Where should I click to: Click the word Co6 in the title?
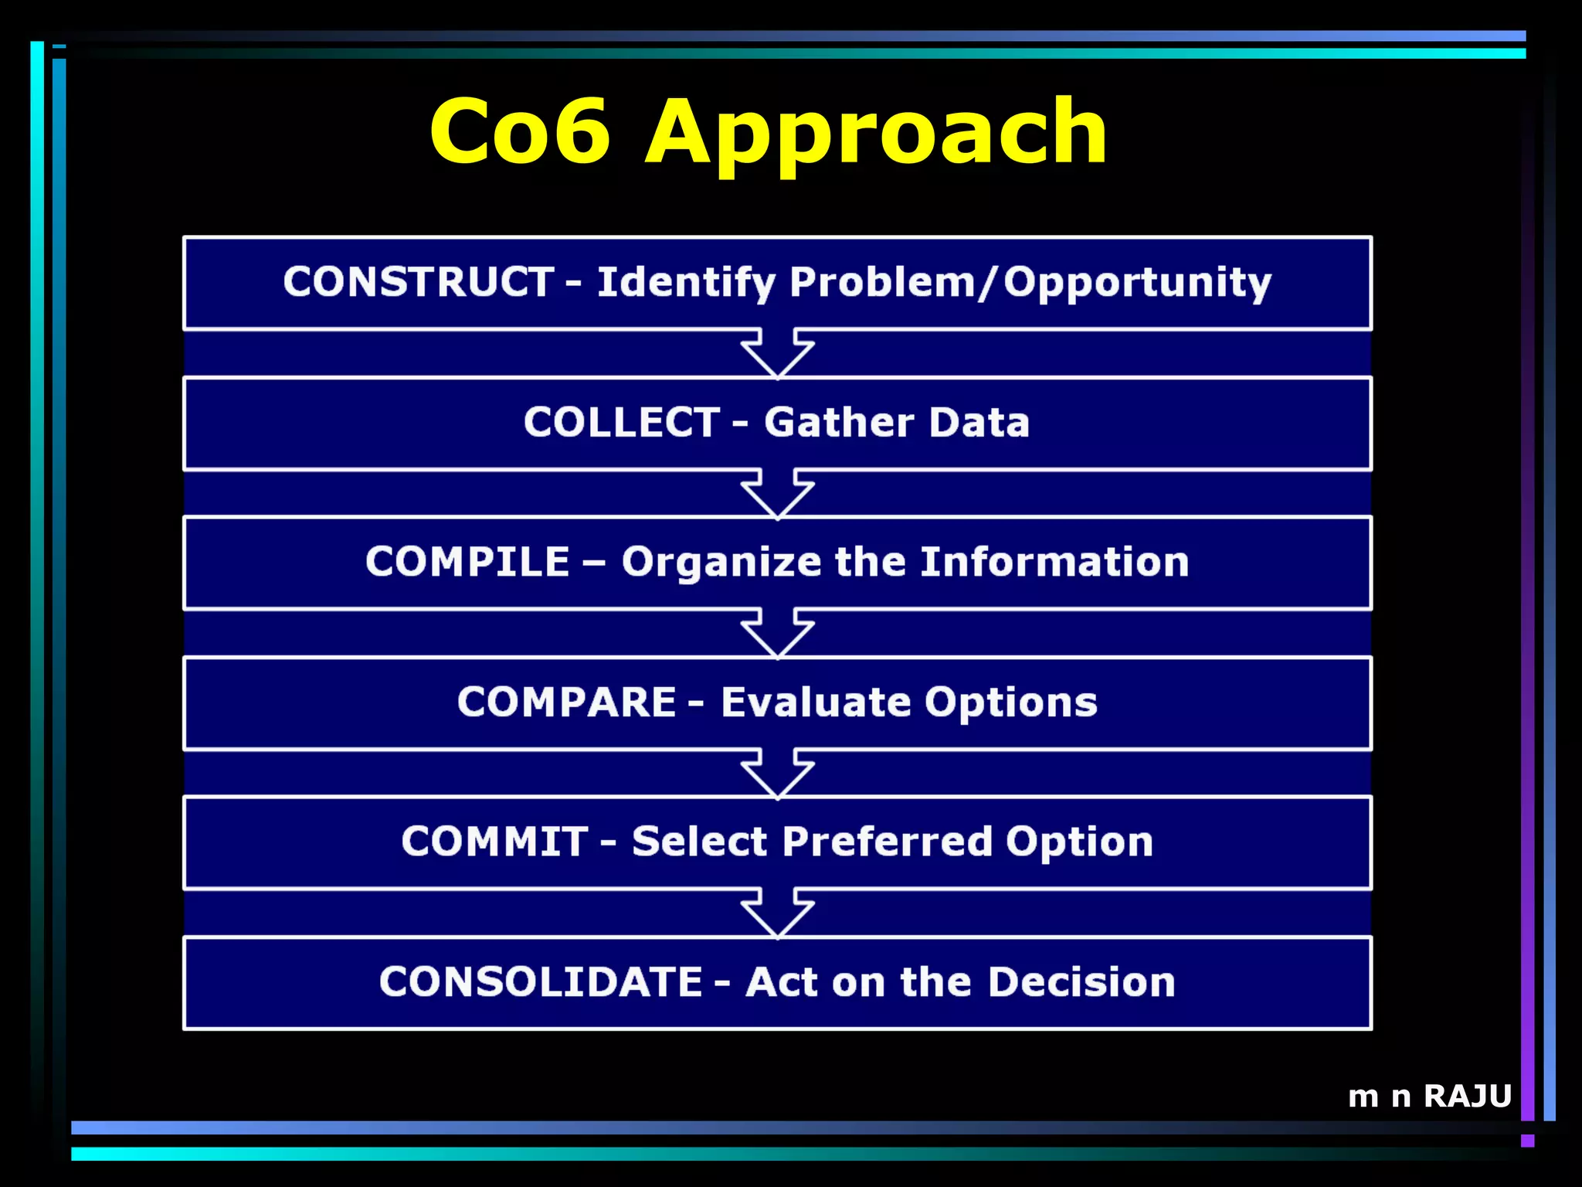[521, 131]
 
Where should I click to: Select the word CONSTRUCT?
[418, 281]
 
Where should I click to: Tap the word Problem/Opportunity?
[1030, 283]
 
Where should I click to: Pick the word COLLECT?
[622, 422]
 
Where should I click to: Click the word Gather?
[839, 423]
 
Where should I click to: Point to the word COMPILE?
[467, 562]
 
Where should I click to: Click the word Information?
[1054, 562]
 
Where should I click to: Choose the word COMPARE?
[567, 702]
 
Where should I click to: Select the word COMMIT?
[494, 841]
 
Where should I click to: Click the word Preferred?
[887, 841]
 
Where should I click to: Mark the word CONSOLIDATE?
[541, 981]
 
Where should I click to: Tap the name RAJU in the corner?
[1467, 1096]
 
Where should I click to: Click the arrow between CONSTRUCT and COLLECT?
[778, 354]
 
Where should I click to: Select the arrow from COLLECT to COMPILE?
[778, 495]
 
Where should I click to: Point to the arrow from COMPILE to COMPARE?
[778, 634]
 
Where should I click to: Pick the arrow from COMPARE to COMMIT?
[778, 774]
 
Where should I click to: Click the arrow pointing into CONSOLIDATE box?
[778, 914]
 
